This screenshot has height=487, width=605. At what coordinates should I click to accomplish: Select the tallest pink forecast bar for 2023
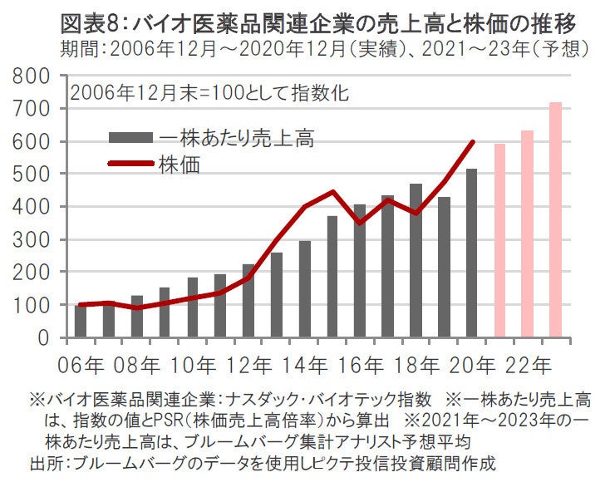555,219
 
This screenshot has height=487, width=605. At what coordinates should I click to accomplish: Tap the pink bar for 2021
499,241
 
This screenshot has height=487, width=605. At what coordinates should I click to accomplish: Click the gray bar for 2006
81,321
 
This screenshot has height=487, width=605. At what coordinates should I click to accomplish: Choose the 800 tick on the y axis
32,76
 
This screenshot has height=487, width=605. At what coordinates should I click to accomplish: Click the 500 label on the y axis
32,174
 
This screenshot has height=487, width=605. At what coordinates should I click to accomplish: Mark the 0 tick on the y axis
47,337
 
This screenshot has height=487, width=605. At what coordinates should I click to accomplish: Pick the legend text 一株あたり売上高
236,135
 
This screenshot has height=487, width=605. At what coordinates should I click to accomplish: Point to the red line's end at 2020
473,141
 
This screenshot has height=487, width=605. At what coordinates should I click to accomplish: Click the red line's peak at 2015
332,192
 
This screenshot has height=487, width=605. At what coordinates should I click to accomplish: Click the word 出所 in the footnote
45,461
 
